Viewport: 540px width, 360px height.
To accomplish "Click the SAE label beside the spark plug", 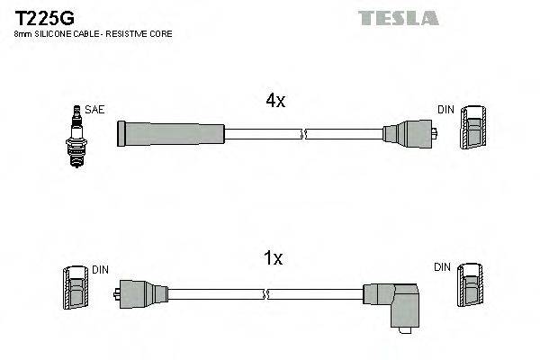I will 96,110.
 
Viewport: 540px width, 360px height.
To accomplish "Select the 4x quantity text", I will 274,102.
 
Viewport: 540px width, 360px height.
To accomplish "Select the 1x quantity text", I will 274,259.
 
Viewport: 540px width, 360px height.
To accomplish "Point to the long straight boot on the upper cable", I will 169,134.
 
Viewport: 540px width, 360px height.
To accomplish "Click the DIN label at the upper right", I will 445,110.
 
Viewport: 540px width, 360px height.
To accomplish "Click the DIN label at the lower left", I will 99,269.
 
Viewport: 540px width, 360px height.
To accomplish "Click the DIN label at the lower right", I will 441,267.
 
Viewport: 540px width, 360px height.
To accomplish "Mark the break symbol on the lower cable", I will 266,294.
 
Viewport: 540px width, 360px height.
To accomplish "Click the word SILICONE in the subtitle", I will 53,33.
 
